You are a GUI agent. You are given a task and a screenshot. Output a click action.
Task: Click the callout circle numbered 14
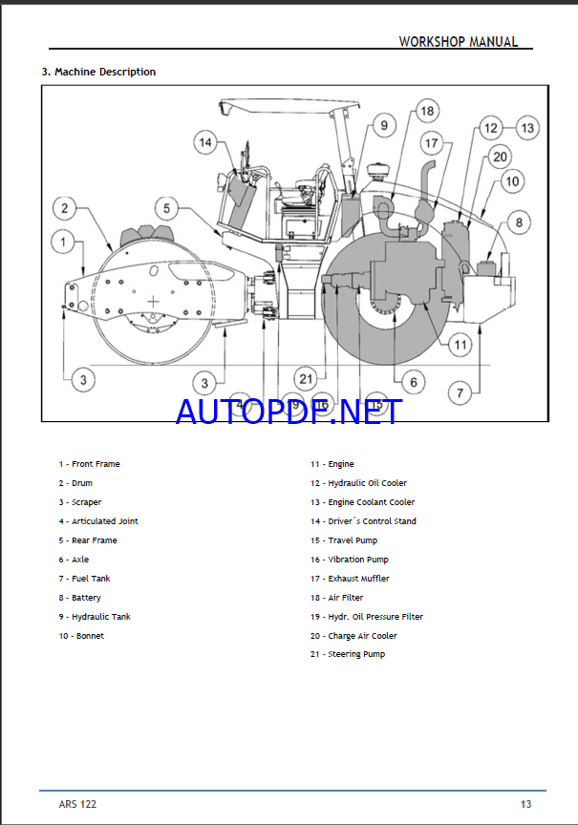[204, 143]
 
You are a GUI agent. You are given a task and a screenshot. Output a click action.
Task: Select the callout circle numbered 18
[426, 111]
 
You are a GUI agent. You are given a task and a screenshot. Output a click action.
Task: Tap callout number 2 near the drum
[64, 208]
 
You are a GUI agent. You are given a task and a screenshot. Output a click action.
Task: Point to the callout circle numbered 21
[305, 379]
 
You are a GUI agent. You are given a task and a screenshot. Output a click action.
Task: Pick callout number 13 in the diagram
[527, 128]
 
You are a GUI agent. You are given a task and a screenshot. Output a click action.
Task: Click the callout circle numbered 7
[460, 391]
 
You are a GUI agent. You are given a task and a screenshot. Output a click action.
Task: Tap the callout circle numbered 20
[500, 156]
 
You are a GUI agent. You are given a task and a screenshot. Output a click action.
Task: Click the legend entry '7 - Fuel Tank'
[84, 579]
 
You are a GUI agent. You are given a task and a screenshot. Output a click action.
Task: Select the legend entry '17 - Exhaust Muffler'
[349, 579]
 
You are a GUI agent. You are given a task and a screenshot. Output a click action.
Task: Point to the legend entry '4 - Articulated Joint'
[98, 521]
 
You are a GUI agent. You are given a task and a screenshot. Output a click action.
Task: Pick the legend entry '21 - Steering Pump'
[347, 654]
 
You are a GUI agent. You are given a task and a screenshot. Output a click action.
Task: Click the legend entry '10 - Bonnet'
[81, 636]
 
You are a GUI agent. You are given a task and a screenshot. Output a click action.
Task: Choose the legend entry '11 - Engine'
[332, 464]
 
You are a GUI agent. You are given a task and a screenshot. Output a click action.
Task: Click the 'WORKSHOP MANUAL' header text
[458, 42]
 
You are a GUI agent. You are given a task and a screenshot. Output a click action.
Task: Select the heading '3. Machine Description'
[98, 72]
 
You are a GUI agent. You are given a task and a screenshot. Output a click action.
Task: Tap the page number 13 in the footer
[525, 804]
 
